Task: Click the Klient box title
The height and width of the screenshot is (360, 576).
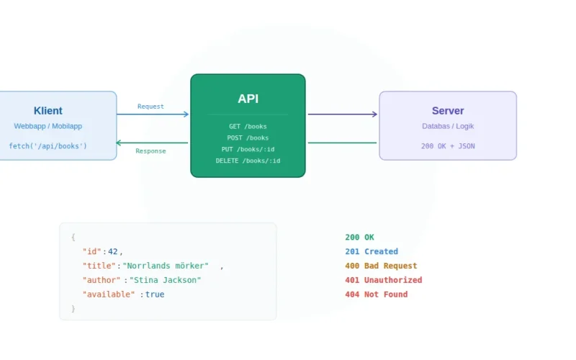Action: pyautogui.click(x=48, y=111)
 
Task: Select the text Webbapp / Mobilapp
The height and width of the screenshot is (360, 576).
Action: pyautogui.click(x=48, y=126)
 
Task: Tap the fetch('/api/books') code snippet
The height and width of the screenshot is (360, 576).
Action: pyautogui.click(x=48, y=146)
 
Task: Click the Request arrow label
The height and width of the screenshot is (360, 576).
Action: pyautogui.click(x=150, y=107)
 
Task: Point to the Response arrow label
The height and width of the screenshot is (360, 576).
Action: pyautogui.click(x=150, y=151)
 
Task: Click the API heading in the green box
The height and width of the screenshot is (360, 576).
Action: pyautogui.click(x=248, y=99)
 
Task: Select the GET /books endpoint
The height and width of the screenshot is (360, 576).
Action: pyautogui.click(x=248, y=127)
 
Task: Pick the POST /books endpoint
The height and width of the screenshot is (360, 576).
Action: pyautogui.click(x=248, y=138)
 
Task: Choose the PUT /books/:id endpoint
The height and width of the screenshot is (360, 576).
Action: pyautogui.click(x=248, y=149)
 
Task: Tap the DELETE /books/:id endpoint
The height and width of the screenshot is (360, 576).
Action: pyautogui.click(x=248, y=161)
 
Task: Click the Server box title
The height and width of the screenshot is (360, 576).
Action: pyautogui.click(x=448, y=111)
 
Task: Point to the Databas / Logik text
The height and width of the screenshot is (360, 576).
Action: pyautogui.click(x=448, y=126)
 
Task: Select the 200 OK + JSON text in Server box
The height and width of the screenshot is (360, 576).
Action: pyautogui.click(x=448, y=146)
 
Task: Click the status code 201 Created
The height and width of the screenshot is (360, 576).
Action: pyautogui.click(x=371, y=251)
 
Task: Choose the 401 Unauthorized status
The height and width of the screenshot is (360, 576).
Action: pyautogui.click(x=383, y=280)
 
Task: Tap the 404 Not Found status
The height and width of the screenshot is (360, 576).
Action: pyautogui.click(x=376, y=294)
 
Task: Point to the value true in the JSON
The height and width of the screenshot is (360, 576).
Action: pyautogui.click(x=155, y=294)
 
